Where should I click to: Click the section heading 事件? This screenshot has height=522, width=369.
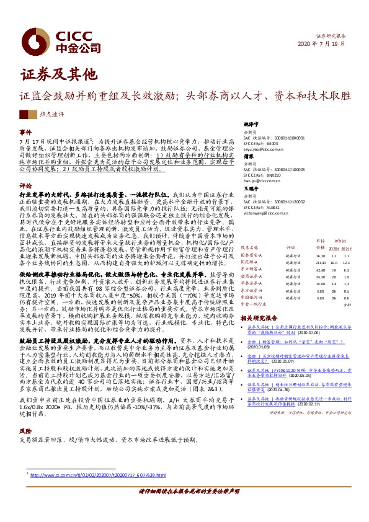[25, 133]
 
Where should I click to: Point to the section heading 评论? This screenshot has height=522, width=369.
[25, 185]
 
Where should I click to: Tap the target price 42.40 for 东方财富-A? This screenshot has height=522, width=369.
[303, 270]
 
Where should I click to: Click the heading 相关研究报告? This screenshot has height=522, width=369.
[259, 317]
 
